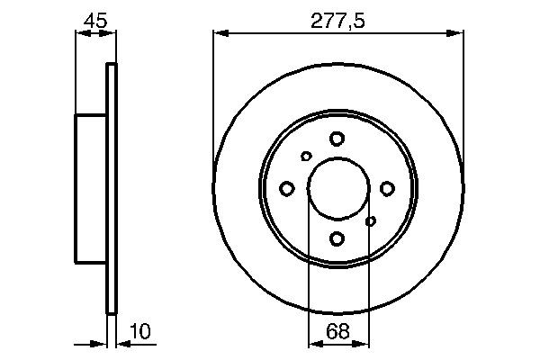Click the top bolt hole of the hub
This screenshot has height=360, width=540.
coord(337,139)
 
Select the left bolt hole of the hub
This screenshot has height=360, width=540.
coord(287,188)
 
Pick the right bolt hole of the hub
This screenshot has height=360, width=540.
coord(387,188)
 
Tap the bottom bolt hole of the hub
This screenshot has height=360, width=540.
coord(337,238)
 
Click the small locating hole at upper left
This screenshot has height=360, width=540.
coord(306,157)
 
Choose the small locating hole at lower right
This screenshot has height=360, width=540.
coord(370,220)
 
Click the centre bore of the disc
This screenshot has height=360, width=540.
coord(337,188)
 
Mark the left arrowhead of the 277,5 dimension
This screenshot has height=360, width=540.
coord(219,34)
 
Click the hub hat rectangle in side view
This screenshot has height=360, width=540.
coord(90,188)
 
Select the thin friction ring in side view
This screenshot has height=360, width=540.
coord(112,188)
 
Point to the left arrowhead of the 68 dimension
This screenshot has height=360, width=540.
coord(314,343)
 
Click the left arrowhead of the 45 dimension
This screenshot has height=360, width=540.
coord(80,34)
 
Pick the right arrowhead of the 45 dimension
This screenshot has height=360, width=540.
coord(111,34)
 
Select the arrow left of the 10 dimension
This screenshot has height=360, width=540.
coord(99,343)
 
